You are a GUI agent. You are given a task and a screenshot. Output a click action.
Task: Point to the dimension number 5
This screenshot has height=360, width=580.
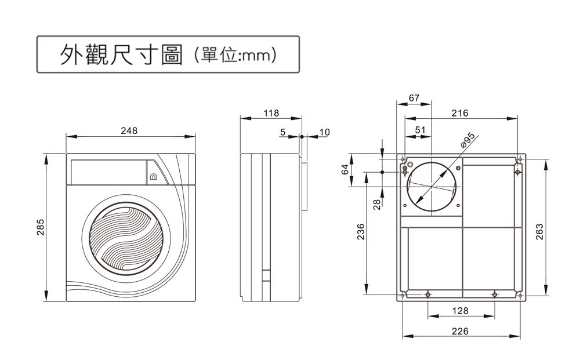pos(282,132)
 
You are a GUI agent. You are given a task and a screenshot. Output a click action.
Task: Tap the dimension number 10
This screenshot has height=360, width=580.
pos(324,132)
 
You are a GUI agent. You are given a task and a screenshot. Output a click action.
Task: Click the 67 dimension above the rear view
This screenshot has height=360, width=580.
pos(414,98)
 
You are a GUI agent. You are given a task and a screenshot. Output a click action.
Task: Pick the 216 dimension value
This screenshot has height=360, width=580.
pos(459,113)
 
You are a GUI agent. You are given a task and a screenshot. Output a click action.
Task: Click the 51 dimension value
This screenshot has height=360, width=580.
pos(421,129)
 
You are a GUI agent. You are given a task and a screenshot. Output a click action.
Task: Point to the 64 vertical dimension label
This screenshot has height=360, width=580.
pos(345,169)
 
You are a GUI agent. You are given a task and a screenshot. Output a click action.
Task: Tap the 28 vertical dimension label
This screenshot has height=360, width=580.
pos(376,203)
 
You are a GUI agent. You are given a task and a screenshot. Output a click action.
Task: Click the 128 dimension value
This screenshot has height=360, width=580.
pos(460,311)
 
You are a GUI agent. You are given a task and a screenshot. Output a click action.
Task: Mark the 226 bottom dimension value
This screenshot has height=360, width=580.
pos(460,331)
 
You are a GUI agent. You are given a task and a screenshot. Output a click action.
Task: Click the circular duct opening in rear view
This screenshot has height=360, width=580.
pos(434,187)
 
